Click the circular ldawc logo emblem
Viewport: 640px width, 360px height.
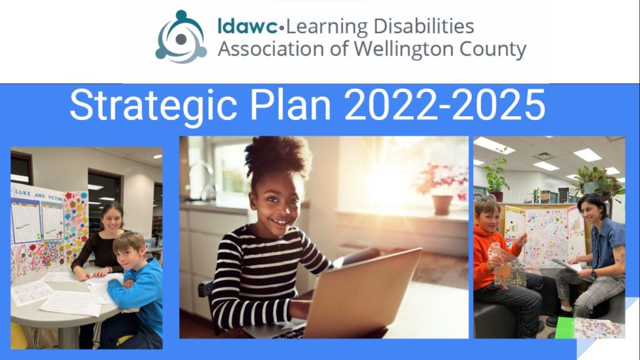[x=181, y=37]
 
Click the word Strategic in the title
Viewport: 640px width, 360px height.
[x=154, y=106]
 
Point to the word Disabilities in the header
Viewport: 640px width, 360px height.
[x=424, y=26]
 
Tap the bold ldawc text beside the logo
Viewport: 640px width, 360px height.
[x=247, y=26]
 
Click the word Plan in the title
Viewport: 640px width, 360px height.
[x=290, y=105]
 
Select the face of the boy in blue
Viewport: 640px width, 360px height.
[x=127, y=257]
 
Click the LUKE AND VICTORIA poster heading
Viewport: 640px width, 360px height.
[x=39, y=195]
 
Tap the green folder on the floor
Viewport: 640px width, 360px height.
[x=564, y=327]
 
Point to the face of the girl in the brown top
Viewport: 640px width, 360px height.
[x=112, y=220]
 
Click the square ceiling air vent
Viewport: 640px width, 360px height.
[x=544, y=156]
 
